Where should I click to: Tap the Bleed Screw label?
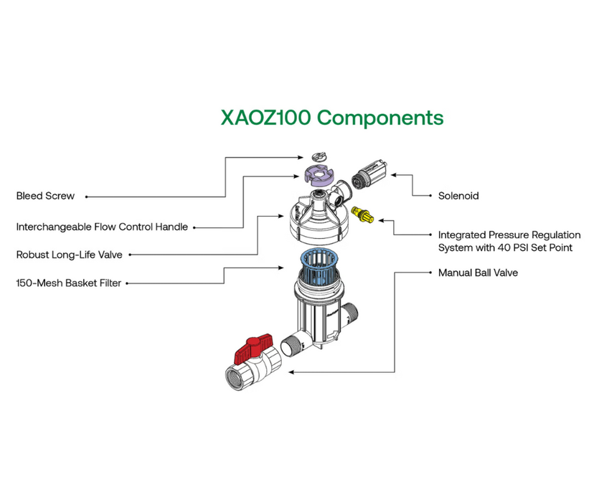pos(45,196)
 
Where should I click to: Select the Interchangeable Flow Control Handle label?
pos(102,227)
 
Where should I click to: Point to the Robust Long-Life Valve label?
pos(69,255)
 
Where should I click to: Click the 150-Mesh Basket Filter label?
pos(68,283)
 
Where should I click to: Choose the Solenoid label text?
pos(458,196)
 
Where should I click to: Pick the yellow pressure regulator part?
pos(364,214)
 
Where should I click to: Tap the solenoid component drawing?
pos(372,174)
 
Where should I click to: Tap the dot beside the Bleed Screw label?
pos(91,196)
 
